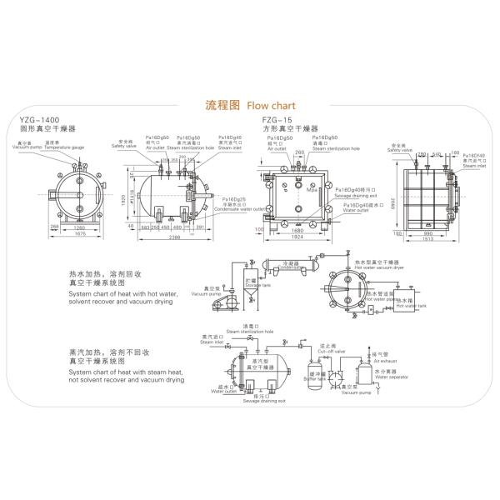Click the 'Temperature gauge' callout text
click(64, 147)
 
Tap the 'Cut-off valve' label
click(328, 351)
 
